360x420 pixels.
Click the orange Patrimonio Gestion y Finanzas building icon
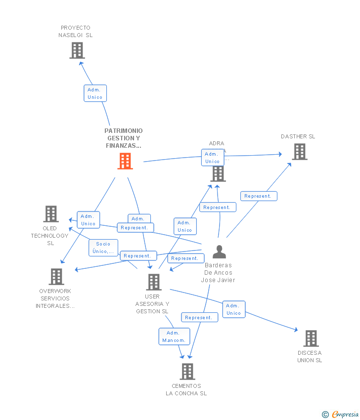125,161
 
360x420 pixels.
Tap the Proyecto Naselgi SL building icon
77,50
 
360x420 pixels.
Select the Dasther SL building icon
300,152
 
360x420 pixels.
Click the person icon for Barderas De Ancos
219,252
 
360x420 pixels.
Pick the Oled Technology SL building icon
51,214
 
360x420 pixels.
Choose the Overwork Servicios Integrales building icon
57,277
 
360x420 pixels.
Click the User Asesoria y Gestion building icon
154,282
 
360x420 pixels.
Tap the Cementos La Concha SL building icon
187,371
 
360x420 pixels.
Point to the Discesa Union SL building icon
311,338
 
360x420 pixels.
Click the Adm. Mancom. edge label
174,336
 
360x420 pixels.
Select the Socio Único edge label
103,248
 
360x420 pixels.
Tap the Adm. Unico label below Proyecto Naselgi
95,93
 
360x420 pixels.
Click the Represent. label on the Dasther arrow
258,196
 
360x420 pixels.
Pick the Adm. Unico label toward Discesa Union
233,309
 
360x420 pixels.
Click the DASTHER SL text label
298,136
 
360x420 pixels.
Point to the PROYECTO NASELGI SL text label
76,32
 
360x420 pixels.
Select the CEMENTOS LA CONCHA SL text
186,390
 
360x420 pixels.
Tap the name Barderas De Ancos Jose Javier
218,273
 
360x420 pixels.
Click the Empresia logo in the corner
341,414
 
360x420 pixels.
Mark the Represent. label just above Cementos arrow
199,318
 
